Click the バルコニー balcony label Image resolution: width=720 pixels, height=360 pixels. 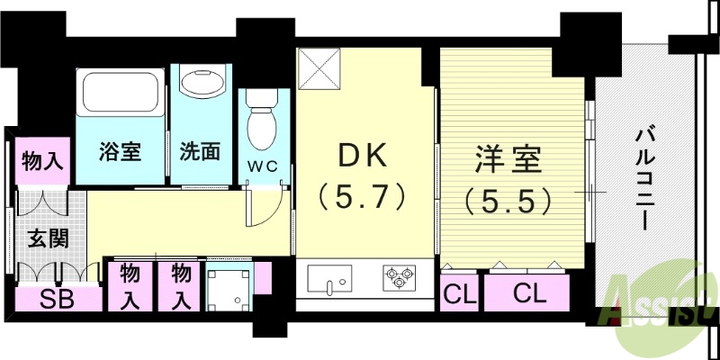[643, 180]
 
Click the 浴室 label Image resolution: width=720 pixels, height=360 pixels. [120, 151]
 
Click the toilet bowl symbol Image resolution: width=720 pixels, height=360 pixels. [261, 125]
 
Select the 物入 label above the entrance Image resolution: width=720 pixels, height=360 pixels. [42, 162]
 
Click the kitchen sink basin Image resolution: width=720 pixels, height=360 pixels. [335, 280]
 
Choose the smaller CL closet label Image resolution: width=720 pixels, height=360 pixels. [459, 292]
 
